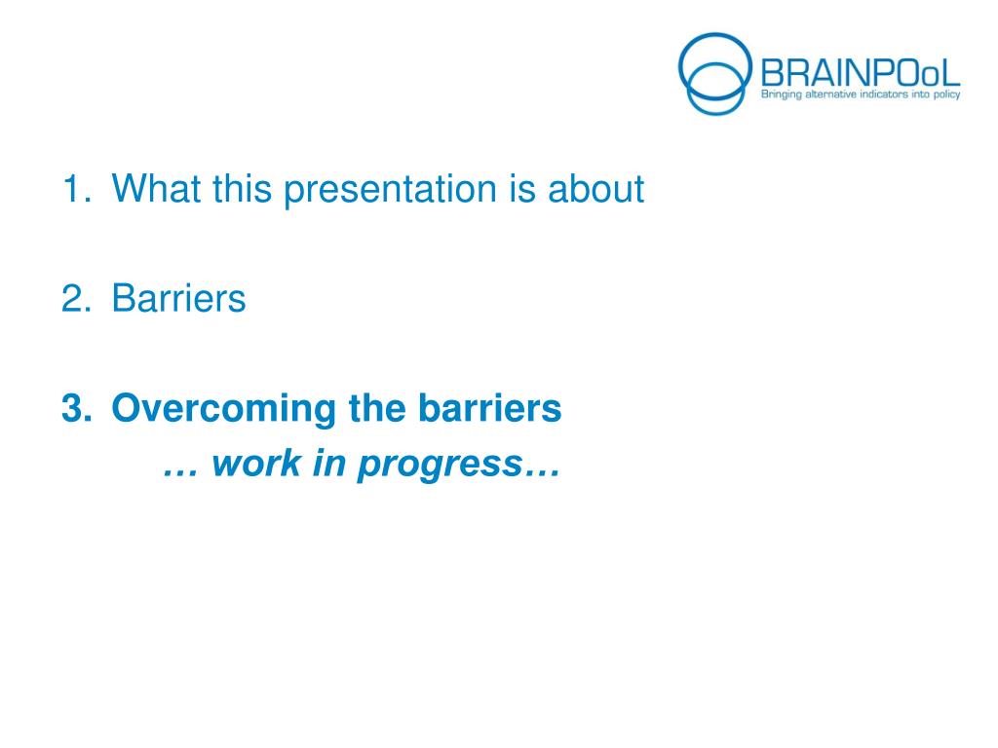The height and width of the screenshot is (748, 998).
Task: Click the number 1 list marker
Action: (76, 189)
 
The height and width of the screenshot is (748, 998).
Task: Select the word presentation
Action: (390, 191)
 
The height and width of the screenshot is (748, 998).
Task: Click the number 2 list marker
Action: (76, 298)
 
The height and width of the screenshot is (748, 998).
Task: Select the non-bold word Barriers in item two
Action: (179, 298)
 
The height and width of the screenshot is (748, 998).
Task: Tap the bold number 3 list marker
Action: (77, 408)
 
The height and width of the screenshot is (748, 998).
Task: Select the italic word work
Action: (256, 463)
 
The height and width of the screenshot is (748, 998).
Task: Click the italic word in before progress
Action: (329, 463)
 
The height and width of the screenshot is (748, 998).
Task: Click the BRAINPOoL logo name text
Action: (861, 72)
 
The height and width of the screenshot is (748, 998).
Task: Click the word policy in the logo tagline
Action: (947, 95)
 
